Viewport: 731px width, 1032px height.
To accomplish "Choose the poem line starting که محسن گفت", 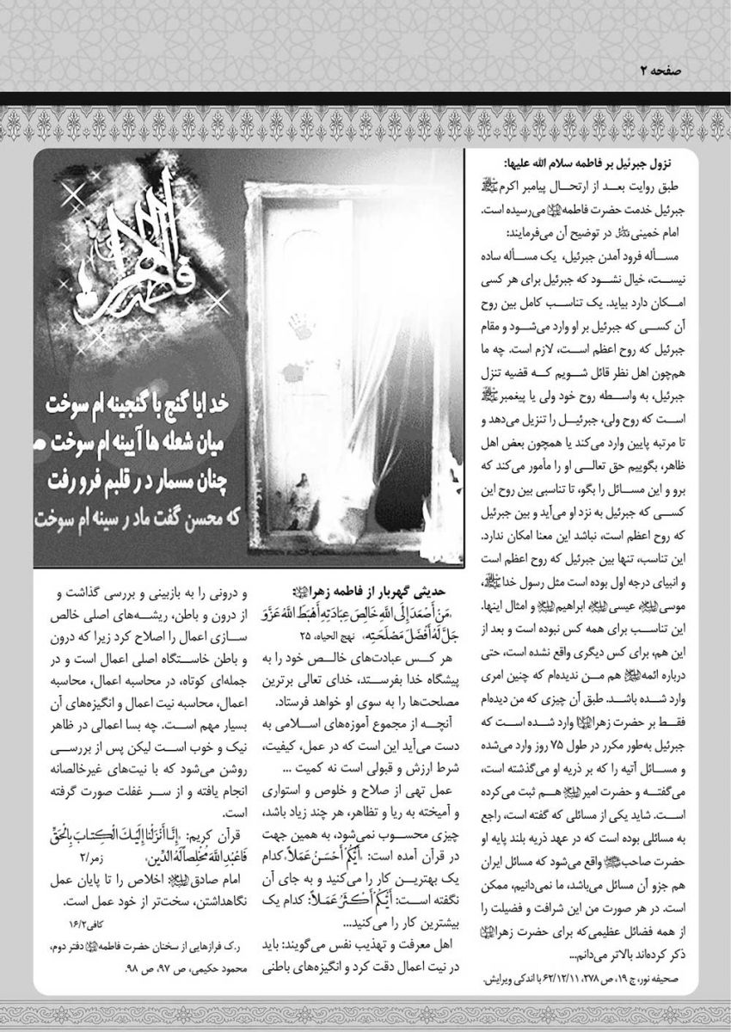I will point(163,520).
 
